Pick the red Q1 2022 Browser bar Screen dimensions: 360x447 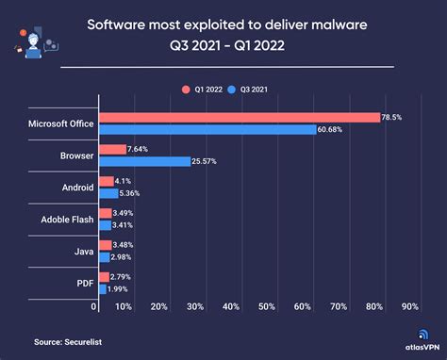(x=112, y=149)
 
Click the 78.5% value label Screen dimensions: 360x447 (x=392, y=118)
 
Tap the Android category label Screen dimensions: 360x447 (x=77, y=188)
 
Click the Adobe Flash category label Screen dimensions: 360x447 (x=67, y=219)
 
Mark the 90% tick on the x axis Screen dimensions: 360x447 (x=409, y=306)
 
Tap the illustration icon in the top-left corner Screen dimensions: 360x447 (x=33, y=38)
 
